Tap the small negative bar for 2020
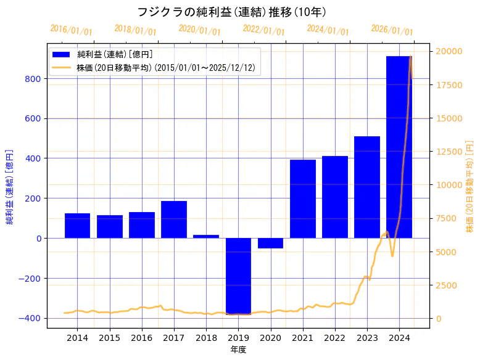coord(270,243)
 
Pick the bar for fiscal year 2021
coord(302,198)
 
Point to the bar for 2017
coord(174,219)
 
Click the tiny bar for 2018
coord(206,236)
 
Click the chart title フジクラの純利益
coord(232,12)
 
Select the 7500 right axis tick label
coord(447,218)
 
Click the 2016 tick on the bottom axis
coord(141,338)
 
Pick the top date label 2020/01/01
coord(199,30)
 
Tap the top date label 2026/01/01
coord(392,30)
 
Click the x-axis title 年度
coord(238,350)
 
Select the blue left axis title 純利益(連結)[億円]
coord(10,186)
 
